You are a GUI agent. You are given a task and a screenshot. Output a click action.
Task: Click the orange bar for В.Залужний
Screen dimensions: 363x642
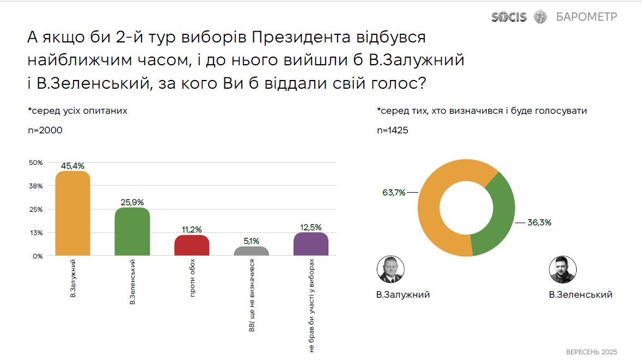pos(73,213)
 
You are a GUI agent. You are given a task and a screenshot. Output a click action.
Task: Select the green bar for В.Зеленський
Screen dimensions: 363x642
pos(132,232)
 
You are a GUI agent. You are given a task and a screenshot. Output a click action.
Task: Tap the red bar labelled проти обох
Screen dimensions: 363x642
pos(192,245)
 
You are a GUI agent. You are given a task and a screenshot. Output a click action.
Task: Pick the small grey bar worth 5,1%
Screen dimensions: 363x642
pos(251,251)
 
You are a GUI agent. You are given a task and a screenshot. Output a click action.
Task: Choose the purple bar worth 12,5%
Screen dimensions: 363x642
pos(310,244)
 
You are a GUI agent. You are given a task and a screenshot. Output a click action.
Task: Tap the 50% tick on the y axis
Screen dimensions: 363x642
pos(35,163)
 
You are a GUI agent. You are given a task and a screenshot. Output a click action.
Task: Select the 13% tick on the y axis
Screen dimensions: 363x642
pos(35,233)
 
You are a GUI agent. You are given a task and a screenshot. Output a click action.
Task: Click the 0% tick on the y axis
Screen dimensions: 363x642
pos(37,256)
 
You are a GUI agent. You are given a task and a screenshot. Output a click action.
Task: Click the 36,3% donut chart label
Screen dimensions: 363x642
pos(540,222)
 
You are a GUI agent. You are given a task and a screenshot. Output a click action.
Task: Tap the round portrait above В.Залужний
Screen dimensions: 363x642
pos(390,270)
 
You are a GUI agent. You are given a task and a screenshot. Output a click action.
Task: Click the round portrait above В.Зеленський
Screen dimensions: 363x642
pos(563,270)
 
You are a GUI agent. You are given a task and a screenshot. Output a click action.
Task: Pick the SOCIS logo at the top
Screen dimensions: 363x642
pos(509,17)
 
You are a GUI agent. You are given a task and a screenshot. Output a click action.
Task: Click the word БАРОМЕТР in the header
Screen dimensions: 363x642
pos(586,17)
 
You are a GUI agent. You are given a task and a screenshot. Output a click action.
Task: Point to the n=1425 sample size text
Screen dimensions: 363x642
pos(393,130)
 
